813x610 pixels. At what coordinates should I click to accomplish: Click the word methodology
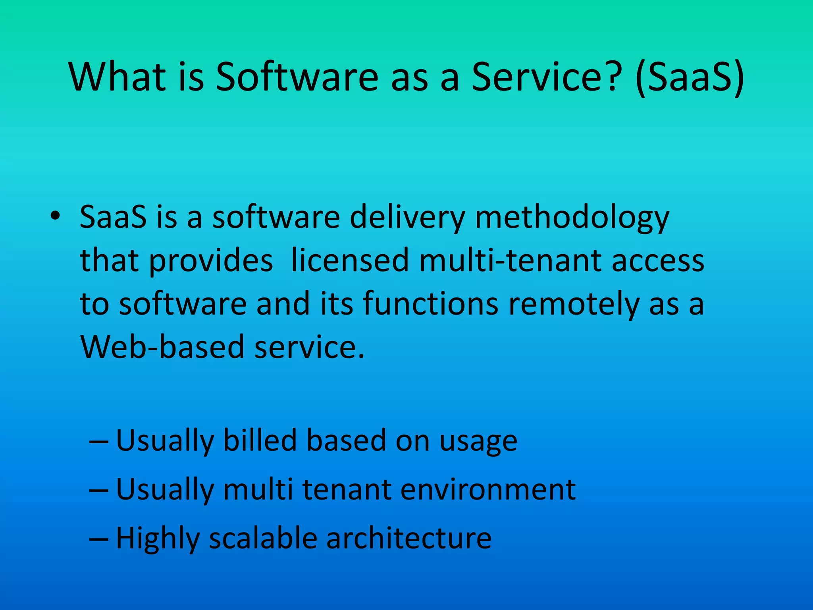click(572, 219)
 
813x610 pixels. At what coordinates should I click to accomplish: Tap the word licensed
click(350, 261)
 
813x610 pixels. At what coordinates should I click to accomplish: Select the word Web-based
click(162, 347)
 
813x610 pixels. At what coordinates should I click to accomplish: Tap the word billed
click(260, 440)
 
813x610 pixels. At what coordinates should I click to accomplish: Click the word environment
click(488, 489)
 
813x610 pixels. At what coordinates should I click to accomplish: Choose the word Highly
click(158, 539)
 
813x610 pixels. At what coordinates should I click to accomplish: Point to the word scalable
click(263, 538)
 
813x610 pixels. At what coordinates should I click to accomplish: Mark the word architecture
click(409, 538)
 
